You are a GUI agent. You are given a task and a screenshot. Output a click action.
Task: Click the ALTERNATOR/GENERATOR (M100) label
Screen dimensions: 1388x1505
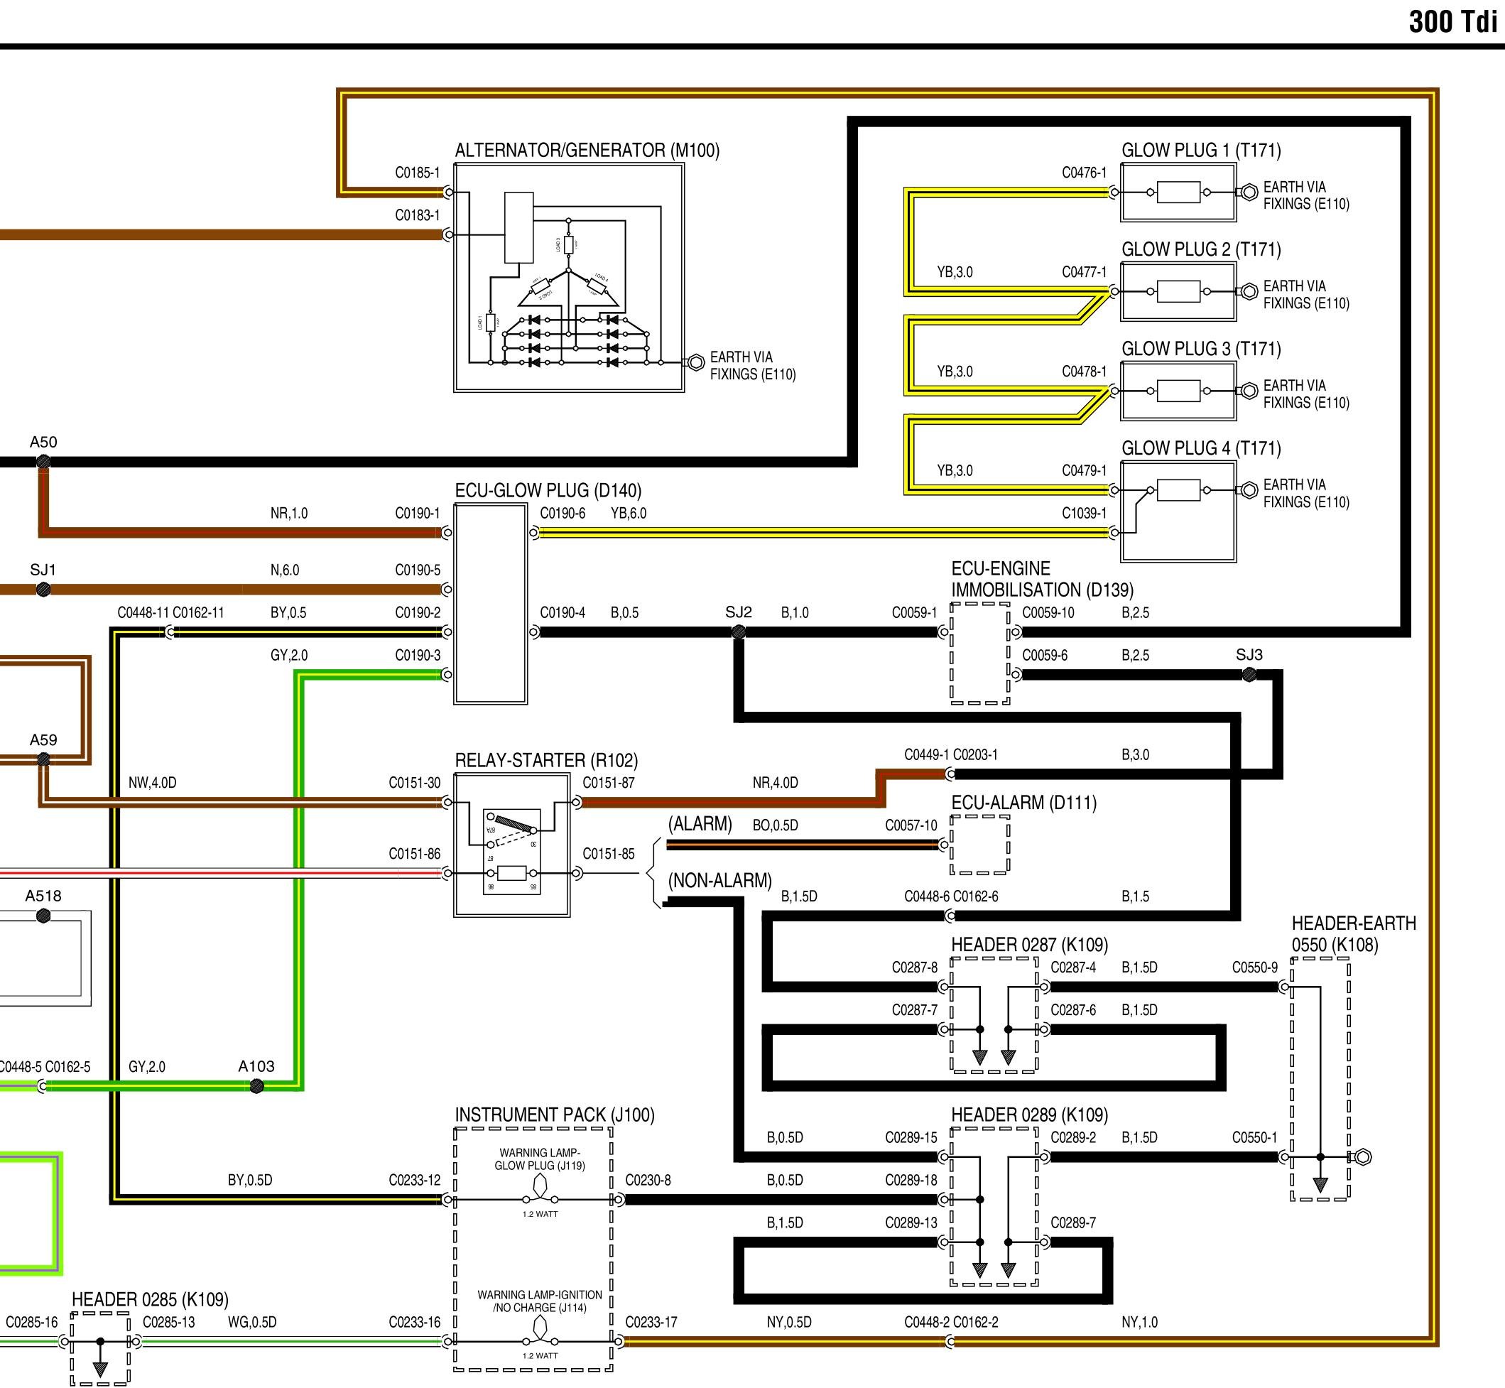(587, 150)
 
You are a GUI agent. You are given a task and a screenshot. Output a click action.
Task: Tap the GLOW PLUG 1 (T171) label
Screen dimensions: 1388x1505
(1201, 150)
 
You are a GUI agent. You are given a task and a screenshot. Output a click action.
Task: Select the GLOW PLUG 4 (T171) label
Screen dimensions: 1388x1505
(1201, 448)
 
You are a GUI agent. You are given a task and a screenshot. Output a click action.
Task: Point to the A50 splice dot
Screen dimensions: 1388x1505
(43, 462)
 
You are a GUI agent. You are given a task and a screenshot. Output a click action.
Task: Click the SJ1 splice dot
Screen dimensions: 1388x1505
(43, 590)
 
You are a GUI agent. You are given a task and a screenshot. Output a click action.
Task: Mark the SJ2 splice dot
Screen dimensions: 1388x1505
(738, 632)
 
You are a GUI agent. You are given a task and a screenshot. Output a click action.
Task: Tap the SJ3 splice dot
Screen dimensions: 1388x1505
(1249, 675)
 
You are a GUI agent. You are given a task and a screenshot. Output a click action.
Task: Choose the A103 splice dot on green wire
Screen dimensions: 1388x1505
(257, 1086)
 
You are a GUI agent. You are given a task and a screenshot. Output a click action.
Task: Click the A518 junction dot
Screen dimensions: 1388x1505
(43, 916)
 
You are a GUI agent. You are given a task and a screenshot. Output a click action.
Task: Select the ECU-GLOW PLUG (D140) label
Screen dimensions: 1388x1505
(548, 490)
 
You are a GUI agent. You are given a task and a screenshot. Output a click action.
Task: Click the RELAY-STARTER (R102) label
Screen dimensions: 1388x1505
(546, 760)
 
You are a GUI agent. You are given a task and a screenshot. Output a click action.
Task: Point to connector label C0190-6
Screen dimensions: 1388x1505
(563, 513)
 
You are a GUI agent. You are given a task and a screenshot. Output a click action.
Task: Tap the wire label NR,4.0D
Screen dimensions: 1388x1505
(775, 783)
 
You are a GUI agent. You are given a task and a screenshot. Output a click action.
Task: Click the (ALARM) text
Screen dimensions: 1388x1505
(700, 824)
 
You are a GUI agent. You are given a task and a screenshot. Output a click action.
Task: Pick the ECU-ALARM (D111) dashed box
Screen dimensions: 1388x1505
(979, 845)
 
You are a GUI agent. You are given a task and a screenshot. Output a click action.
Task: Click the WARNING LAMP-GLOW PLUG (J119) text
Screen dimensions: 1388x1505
(539, 1159)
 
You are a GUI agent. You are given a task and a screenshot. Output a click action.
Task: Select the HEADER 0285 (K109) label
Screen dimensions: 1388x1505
(149, 1299)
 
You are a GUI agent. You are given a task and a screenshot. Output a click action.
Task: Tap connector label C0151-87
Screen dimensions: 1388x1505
(608, 783)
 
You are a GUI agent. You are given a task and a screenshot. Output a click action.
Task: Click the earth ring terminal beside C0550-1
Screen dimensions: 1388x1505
(1363, 1157)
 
